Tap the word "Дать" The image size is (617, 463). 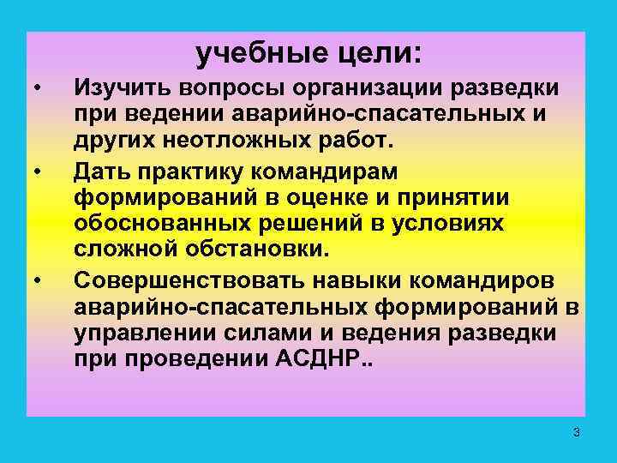pyautogui.click(x=102, y=171)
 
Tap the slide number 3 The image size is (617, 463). pyautogui.click(x=577, y=433)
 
